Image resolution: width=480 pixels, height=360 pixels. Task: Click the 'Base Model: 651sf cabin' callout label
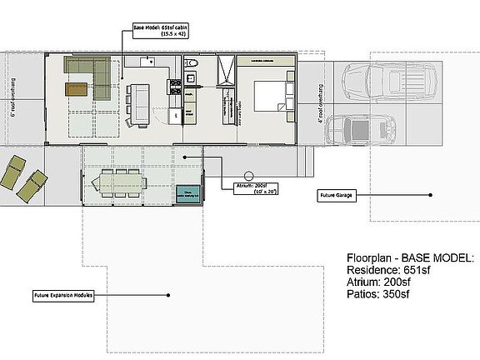160,30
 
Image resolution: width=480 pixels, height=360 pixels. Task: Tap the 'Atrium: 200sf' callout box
243,188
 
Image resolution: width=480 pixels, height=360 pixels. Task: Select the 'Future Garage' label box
339,195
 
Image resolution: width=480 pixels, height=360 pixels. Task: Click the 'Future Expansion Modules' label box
63,295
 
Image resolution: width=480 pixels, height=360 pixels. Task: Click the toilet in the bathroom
190,63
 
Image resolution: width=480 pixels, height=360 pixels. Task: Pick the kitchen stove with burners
175,84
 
